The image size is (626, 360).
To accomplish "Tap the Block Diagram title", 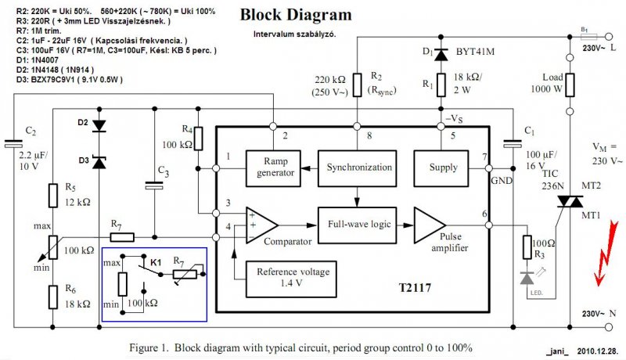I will pyautogui.click(x=295, y=15).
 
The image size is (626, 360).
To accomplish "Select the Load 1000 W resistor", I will pyautogui.click(x=568, y=85).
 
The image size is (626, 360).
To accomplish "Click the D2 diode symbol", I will pyautogui.click(x=98, y=125).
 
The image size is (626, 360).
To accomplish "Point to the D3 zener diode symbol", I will pyautogui.click(x=98, y=161).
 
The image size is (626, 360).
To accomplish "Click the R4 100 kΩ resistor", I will pyautogui.click(x=199, y=138).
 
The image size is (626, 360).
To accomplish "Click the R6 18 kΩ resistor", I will pyautogui.click(x=52, y=297).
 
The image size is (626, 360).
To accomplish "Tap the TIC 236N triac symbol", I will pyautogui.click(x=568, y=202).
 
